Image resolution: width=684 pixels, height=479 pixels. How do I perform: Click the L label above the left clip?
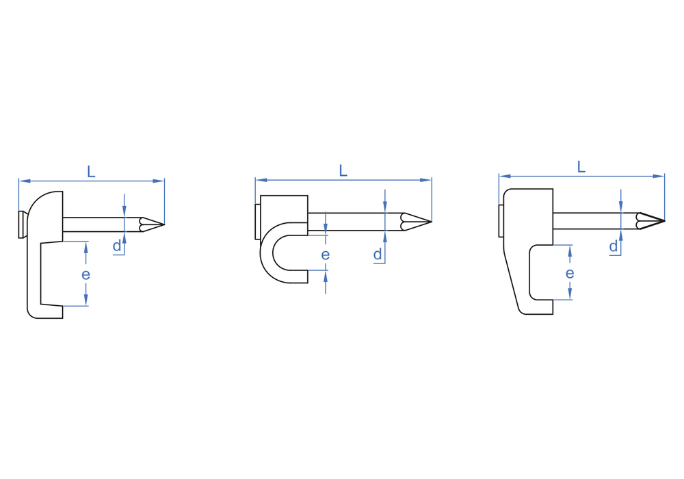[x=91, y=172]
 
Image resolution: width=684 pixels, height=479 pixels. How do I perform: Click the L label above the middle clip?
[x=343, y=170]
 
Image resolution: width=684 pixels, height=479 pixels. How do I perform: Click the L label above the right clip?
[x=581, y=167]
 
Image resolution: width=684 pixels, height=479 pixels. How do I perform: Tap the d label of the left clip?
[x=117, y=246]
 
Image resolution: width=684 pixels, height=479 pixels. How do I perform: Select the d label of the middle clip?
[x=378, y=254]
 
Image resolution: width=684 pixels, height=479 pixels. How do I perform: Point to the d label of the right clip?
[x=614, y=246]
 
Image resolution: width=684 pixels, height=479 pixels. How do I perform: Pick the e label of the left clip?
[x=85, y=274]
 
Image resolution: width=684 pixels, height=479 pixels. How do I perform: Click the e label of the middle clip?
[x=326, y=255]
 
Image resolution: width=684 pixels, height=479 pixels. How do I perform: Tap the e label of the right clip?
[x=570, y=274]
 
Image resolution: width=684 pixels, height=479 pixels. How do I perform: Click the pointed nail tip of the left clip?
[x=164, y=224]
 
